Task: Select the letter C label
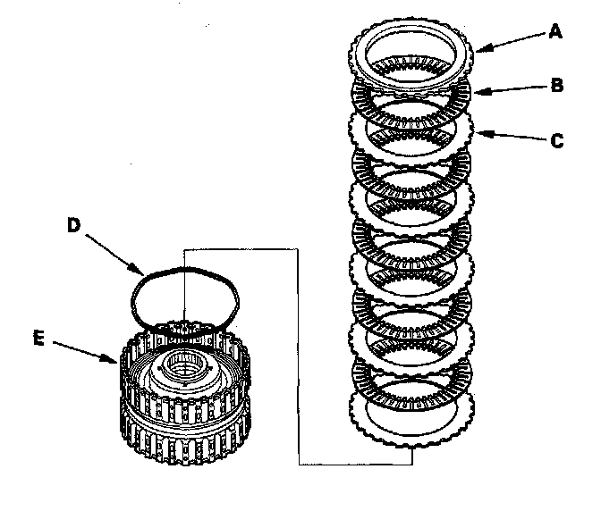(556, 140)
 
